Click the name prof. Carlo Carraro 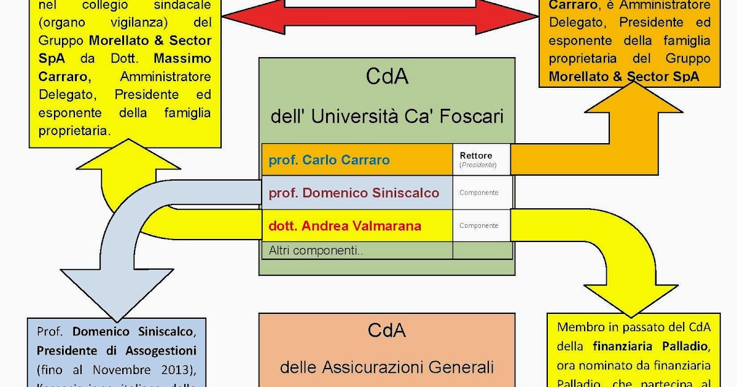(x=329, y=160)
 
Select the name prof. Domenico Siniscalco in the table (x=354, y=193)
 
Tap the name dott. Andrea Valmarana (x=345, y=225)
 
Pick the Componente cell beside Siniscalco (x=479, y=192)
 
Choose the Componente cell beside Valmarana (x=479, y=225)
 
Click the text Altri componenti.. (x=316, y=250)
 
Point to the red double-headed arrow (x=380, y=18)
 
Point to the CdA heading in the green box (x=387, y=77)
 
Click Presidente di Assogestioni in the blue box (x=116, y=351)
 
